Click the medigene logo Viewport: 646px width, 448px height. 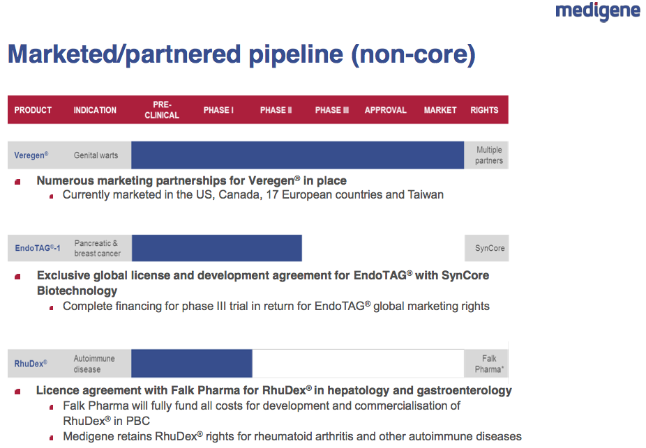597,11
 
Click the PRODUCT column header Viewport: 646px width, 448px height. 33,110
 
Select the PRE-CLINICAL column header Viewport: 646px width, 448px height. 162,110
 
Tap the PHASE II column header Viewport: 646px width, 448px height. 276,110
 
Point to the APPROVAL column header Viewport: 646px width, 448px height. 386,110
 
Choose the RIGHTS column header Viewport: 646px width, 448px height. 484,110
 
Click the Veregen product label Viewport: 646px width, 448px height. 31,155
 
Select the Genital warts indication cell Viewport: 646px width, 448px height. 96,155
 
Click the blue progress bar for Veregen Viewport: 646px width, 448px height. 297,155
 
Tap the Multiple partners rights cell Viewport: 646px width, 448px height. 489,155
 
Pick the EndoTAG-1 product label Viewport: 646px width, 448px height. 38,248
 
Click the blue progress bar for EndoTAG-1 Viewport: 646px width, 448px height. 217,248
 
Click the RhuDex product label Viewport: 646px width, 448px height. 31,364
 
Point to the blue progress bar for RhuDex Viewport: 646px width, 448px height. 192,363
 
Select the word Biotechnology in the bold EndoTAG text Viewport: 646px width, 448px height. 77,291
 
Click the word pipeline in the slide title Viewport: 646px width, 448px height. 296,54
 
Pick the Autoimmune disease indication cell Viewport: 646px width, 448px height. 94,364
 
